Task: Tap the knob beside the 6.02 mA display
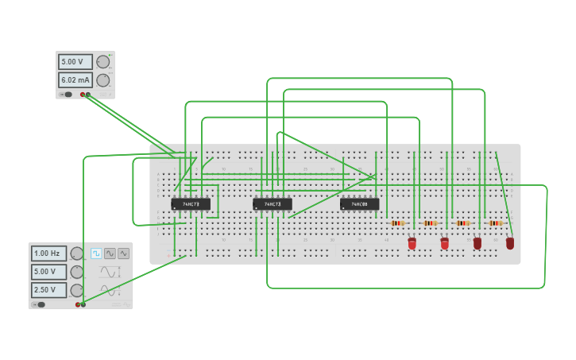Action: coord(103,80)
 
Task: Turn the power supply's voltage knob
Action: coord(103,61)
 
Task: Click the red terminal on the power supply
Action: coord(83,95)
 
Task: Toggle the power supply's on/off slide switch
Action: coord(67,95)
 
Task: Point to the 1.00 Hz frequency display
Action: coord(48,254)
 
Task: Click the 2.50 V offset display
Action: coord(48,290)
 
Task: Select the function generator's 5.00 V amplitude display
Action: coord(48,272)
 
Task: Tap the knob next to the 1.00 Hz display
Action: coord(77,254)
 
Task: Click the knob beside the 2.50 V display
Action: coord(77,290)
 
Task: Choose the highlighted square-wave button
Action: coord(96,254)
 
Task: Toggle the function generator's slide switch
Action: coord(40,304)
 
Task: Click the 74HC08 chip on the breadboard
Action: coord(359,204)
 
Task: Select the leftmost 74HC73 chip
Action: coord(191,204)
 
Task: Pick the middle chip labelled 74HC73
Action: coord(272,204)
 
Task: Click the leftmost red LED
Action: coord(412,243)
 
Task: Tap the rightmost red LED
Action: coord(510,243)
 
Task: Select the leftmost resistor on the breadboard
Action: coord(398,223)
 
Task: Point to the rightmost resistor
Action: coord(496,223)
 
